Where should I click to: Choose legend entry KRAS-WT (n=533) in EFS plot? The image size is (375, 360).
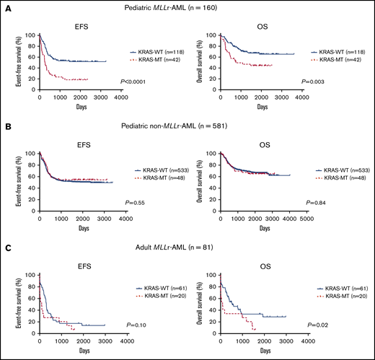pyautogui.click(x=157, y=170)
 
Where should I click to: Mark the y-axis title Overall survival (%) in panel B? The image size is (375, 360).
pyautogui.click(x=200, y=180)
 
